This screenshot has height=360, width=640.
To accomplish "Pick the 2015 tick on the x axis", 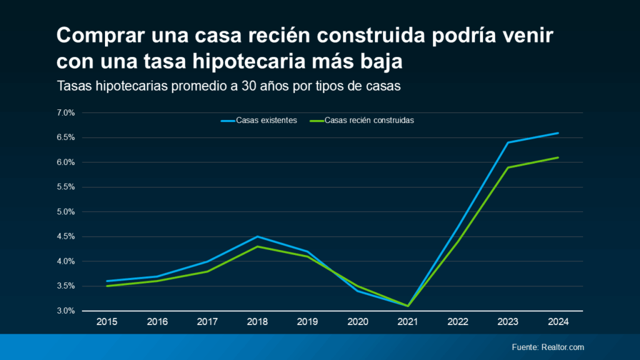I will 108,322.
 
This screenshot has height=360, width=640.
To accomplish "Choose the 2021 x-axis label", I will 407,322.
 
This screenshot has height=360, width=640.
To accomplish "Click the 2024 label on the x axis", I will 557,322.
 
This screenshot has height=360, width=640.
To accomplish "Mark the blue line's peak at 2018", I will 257,237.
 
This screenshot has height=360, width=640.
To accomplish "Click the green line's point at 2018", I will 257,246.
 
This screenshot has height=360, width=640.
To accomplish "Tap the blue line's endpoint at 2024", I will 557,133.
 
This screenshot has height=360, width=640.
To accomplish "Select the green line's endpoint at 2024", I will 557,157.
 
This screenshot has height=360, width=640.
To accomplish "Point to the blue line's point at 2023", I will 507,142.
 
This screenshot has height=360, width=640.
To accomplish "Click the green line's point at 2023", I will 507,167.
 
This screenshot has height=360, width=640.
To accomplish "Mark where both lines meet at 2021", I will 407,306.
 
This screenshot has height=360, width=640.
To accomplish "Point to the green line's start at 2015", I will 108,286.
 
